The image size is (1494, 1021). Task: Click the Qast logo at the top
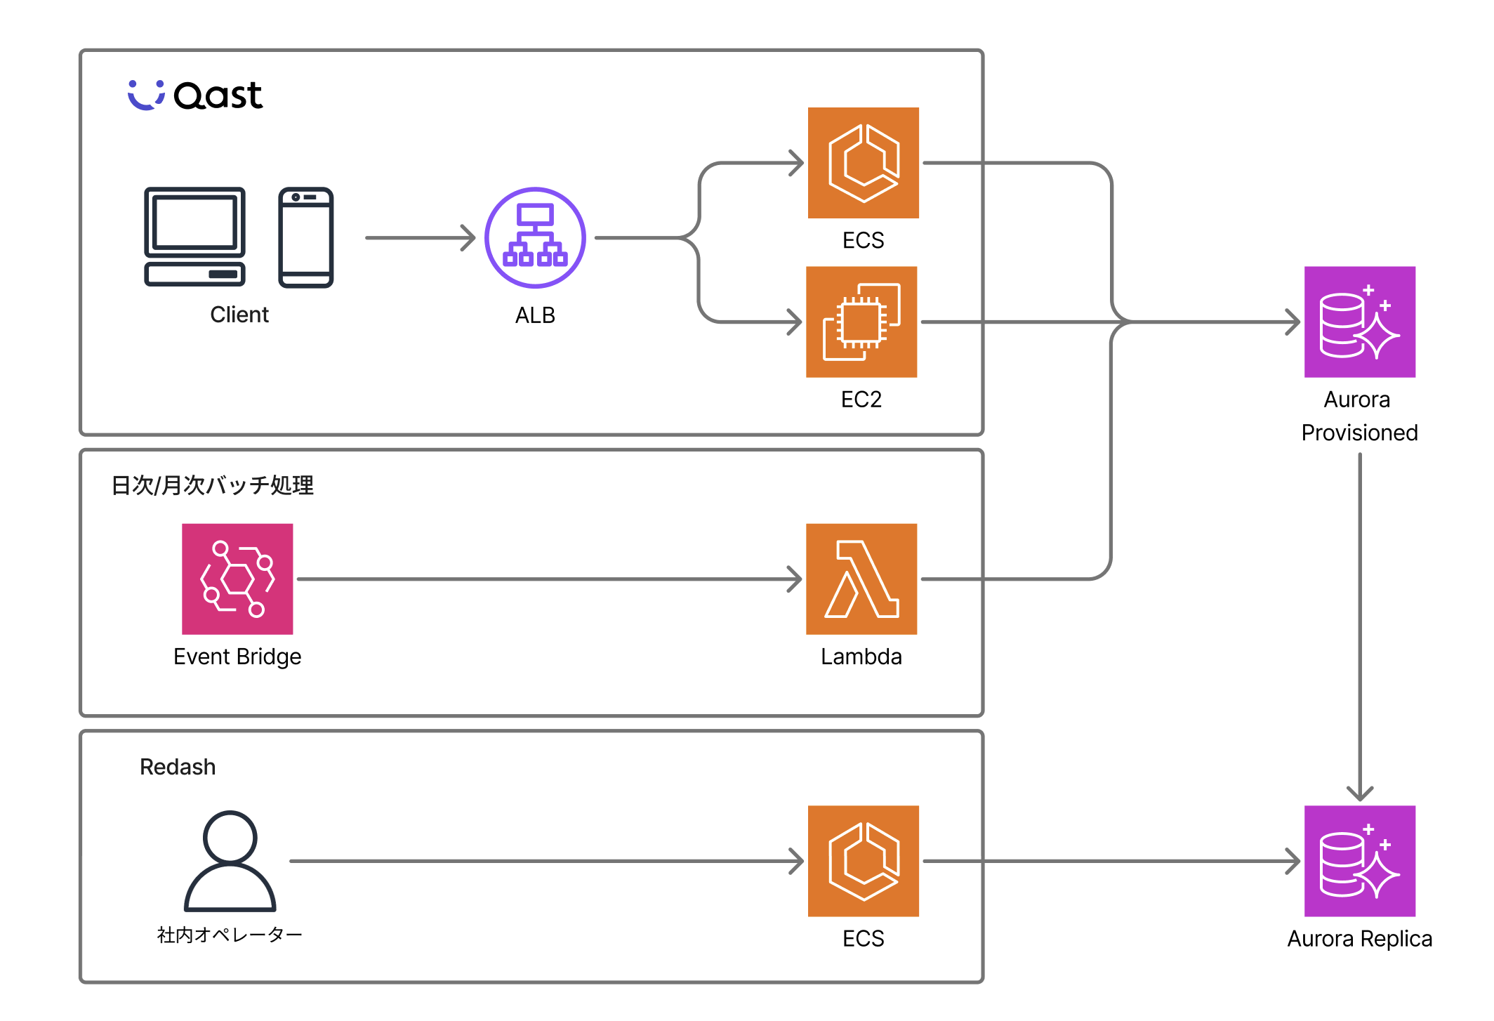(x=195, y=95)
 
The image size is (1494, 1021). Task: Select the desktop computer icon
(x=194, y=236)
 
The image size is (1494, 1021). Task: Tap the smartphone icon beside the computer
(x=305, y=237)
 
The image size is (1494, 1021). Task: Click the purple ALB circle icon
(x=535, y=237)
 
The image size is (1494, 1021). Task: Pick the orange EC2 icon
(x=861, y=322)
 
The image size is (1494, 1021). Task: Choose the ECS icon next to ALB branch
(x=863, y=163)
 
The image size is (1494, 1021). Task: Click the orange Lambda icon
(x=861, y=579)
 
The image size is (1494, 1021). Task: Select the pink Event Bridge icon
(x=237, y=579)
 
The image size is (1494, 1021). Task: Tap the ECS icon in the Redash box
(x=863, y=861)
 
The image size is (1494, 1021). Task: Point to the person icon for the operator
(x=230, y=861)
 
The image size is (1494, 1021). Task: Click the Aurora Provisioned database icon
(x=1359, y=322)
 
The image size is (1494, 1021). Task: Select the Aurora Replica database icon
(x=1359, y=861)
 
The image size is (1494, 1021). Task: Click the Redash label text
(x=178, y=767)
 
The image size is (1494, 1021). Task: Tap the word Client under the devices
(x=239, y=315)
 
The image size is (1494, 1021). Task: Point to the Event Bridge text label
(x=237, y=657)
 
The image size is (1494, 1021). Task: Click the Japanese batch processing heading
(x=212, y=485)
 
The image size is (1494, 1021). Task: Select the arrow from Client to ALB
(x=420, y=237)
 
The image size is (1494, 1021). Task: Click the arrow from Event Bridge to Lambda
(x=548, y=579)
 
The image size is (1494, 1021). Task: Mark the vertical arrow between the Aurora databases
(x=1360, y=625)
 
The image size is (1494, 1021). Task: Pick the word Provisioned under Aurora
(x=1359, y=433)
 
